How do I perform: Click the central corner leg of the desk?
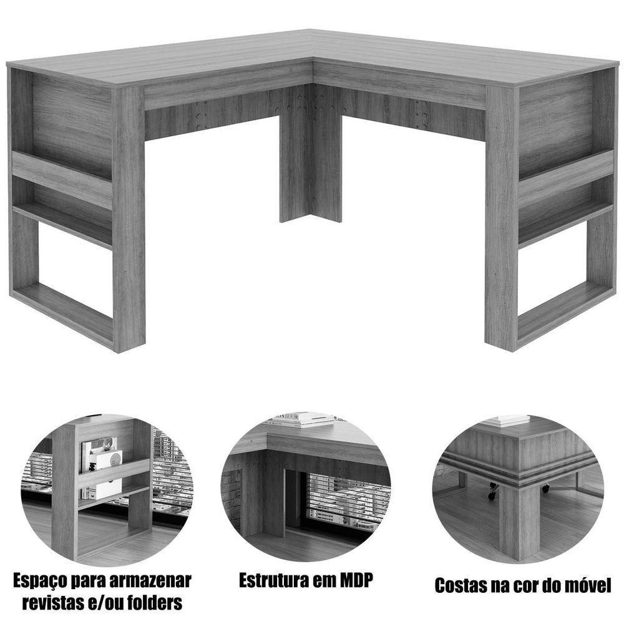click(x=311, y=162)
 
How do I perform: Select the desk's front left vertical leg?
click(x=129, y=218)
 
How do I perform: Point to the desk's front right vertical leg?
click(x=502, y=218)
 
